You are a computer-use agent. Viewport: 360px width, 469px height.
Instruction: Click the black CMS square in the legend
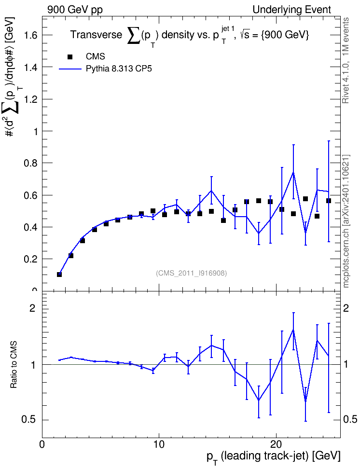[70, 57]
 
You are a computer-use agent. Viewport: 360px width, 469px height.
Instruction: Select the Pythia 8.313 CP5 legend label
[119, 69]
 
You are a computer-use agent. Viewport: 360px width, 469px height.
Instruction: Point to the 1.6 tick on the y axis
[30, 35]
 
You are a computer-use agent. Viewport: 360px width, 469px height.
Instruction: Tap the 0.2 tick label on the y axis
[30, 259]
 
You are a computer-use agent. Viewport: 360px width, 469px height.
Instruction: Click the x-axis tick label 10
[159, 444]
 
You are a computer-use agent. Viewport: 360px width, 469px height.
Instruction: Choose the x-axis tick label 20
[276, 444]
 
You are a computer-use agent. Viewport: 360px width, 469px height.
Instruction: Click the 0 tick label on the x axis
[42, 444]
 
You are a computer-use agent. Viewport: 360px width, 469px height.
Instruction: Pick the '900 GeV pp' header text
[75, 10]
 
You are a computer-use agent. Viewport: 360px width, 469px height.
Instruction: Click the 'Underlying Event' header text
[292, 10]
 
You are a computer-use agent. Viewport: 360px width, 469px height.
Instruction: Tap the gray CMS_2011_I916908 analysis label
[192, 273]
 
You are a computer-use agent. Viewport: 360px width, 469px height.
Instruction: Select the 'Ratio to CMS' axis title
[14, 364]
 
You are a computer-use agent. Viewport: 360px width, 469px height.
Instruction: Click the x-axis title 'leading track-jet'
[264, 455]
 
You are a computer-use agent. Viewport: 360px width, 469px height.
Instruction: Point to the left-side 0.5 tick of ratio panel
[28, 420]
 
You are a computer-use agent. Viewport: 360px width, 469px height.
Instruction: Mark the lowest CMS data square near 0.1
[59, 274]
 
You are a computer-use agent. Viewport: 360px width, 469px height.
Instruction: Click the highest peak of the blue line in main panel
[293, 172]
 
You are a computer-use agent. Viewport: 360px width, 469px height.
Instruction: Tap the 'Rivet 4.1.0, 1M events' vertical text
[346, 60]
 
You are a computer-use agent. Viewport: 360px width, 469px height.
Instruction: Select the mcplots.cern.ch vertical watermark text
[346, 221]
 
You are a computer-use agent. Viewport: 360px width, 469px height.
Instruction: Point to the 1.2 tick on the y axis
[30, 99]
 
